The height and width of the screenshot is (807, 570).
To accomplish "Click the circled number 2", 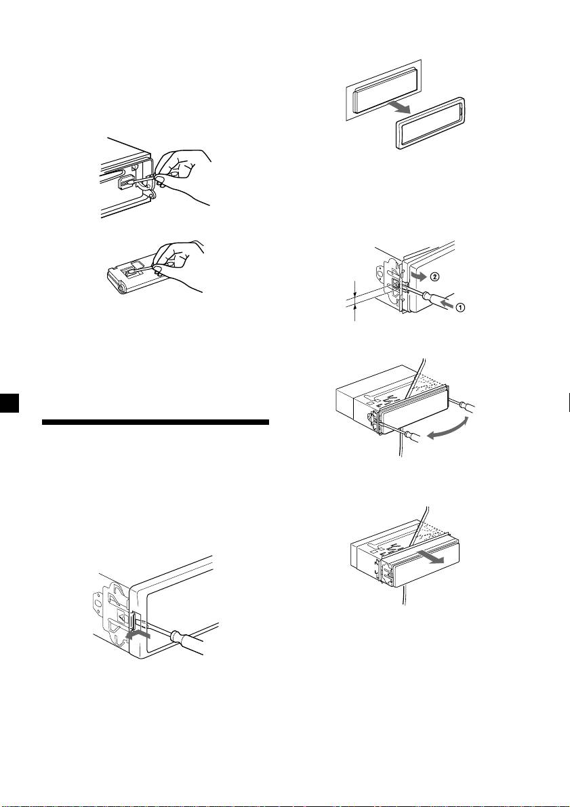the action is pyautogui.click(x=434, y=276).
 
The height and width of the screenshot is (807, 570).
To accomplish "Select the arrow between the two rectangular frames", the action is pyautogui.click(x=401, y=105).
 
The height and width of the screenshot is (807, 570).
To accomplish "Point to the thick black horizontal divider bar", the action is pyautogui.click(x=155, y=423).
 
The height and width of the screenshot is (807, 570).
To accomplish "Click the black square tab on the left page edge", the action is pyautogui.click(x=9, y=402).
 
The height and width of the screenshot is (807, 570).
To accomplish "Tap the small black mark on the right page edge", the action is pyautogui.click(x=569, y=402).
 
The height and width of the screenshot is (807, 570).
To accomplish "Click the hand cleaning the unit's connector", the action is pyautogui.click(x=182, y=175).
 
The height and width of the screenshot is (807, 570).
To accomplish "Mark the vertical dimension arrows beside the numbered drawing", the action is pyautogui.click(x=355, y=299).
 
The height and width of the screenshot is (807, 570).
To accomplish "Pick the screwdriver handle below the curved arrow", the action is pyautogui.click(x=413, y=437).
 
